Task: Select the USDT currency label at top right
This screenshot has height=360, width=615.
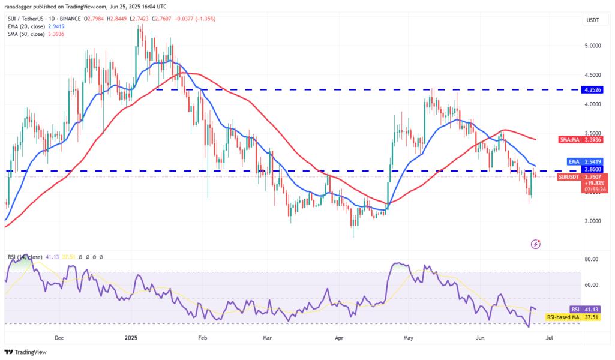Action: (x=592, y=20)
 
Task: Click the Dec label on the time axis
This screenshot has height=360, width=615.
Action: (x=59, y=338)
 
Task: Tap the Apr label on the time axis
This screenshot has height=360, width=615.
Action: (x=339, y=338)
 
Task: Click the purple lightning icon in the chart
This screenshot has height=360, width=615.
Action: (x=536, y=244)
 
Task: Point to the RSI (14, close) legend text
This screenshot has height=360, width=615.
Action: (x=27, y=257)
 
